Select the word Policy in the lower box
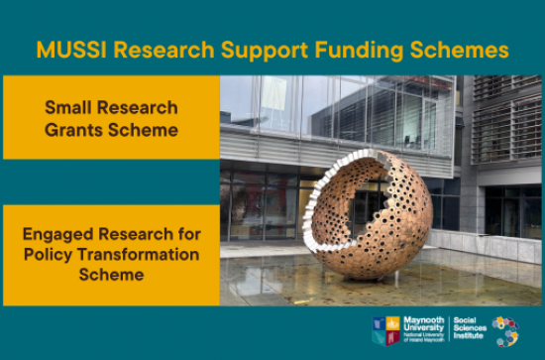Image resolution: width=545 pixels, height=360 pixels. click(51, 254)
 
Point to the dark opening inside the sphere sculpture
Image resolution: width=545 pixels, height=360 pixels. click(373, 193)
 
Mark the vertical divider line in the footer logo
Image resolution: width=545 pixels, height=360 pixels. click(449, 329)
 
